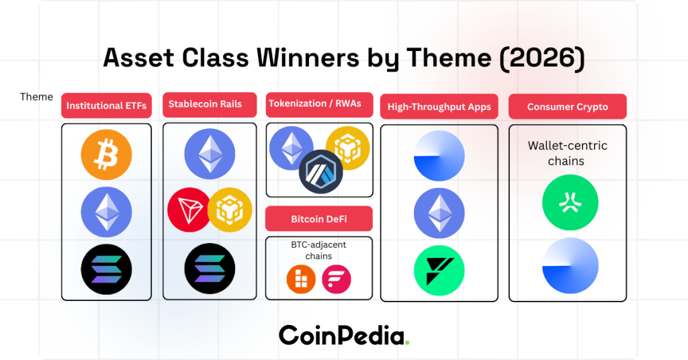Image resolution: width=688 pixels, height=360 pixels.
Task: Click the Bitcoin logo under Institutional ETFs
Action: click(x=106, y=156)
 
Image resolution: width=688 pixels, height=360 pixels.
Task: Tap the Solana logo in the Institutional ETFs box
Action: click(x=106, y=270)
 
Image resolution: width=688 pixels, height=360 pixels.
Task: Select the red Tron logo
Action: click(x=189, y=210)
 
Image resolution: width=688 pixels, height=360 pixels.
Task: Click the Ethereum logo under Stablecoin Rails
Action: click(x=210, y=154)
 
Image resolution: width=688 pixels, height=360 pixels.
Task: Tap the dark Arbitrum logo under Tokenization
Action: click(x=320, y=171)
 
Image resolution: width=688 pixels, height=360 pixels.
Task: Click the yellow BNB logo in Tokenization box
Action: click(x=347, y=147)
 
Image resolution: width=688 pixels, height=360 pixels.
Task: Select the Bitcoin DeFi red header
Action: click(x=318, y=219)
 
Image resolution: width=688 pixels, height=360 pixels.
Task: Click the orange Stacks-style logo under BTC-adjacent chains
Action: click(x=300, y=279)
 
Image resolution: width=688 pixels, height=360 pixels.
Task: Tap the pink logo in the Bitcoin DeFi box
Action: click(x=337, y=279)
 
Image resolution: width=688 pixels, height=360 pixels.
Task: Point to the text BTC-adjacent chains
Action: click(x=318, y=251)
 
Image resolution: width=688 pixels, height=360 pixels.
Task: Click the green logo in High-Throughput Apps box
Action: click(x=439, y=269)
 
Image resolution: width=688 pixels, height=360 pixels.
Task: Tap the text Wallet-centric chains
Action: click(x=567, y=153)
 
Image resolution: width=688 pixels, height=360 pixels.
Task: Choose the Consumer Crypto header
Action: click(x=567, y=107)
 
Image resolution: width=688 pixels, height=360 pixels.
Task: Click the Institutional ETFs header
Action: click(x=106, y=106)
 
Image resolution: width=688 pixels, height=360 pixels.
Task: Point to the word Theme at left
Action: click(x=36, y=97)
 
